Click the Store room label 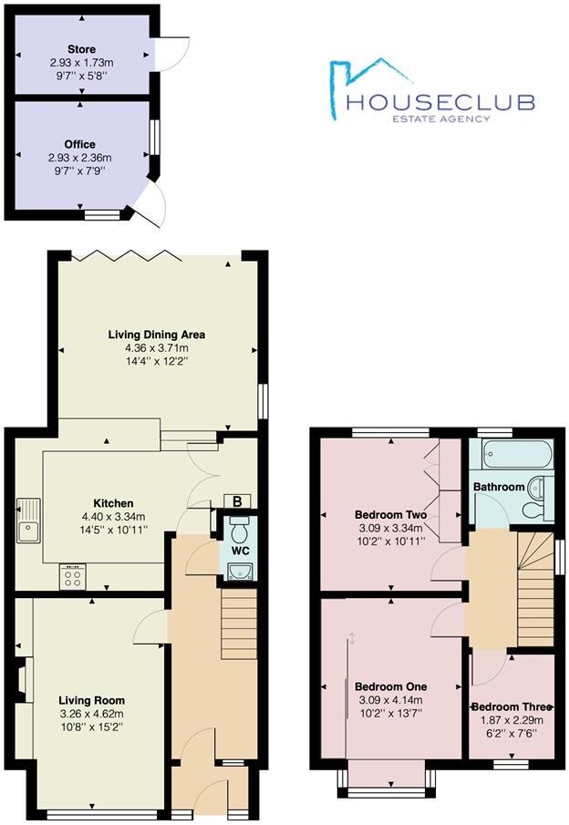(80, 49)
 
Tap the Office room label (80, 144)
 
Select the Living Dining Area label (157, 335)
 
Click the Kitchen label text (114, 503)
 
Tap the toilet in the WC (240, 529)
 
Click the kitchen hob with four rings (73, 575)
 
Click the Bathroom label (499, 487)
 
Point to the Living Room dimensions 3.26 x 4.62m (91, 714)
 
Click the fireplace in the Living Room (22, 682)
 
